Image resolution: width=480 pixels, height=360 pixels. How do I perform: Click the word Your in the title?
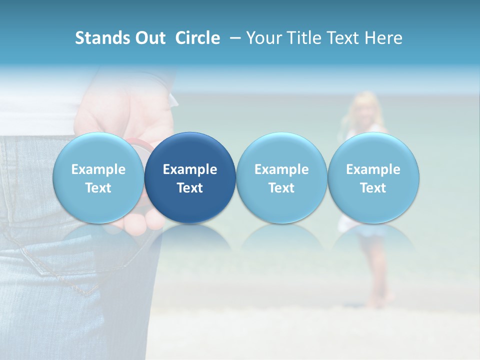(264, 38)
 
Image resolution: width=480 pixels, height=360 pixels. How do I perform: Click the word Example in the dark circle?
(190, 169)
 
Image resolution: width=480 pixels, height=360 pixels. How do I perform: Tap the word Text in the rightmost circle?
(373, 188)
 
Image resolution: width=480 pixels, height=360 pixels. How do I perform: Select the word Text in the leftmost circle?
(98, 188)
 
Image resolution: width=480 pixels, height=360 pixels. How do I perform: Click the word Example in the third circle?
(281, 169)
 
